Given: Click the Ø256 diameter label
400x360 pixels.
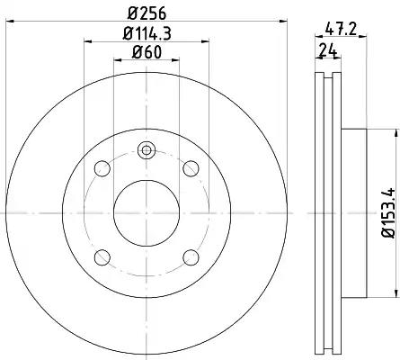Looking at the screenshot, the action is (x=147, y=13).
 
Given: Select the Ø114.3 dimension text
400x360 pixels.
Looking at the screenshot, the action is (x=147, y=34).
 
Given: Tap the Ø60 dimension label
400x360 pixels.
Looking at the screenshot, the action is (x=147, y=52).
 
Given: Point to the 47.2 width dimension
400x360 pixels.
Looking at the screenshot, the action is (x=341, y=30).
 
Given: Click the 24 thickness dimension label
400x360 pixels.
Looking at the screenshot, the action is (x=328, y=50).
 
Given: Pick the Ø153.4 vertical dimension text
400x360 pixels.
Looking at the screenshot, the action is (x=389, y=213).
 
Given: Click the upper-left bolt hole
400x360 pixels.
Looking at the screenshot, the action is (x=102, y=168).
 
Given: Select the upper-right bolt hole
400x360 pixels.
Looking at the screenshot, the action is (x=191, y=168).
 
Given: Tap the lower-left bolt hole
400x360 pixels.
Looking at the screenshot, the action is (x=102, y=257).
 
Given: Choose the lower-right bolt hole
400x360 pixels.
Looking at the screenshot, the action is (x=191, y=257).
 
